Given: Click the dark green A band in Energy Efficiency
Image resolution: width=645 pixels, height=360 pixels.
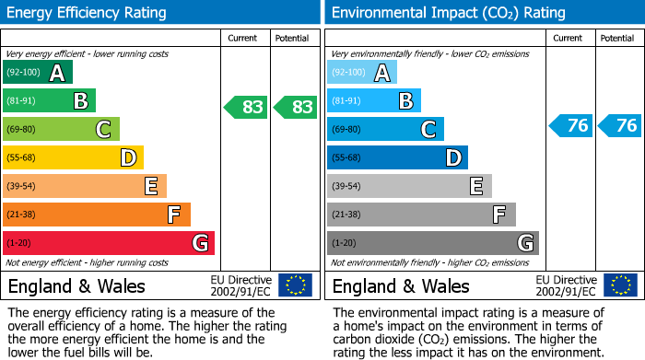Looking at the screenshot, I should [x=38, y=73].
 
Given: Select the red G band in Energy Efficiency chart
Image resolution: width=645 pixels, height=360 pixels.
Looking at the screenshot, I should [x=109, y=243].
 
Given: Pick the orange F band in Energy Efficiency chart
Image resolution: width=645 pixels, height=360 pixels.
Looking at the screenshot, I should [x=97, y=215].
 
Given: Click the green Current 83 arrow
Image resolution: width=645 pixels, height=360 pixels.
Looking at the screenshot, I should [x=246, y=107].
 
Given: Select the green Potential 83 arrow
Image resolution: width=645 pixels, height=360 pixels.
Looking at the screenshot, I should [x=296, y=107].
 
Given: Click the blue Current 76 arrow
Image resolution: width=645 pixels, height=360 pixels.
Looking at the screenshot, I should [x=570, y=125].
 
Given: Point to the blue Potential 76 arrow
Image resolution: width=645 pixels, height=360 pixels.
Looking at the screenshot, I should [x=619, y=125].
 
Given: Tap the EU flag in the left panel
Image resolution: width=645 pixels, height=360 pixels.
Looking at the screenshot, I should [x=295, y=285].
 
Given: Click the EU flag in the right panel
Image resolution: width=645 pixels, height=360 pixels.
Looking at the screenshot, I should [x=619, y=285].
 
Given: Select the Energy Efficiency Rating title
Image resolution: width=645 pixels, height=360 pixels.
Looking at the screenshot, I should [x=88, y=13].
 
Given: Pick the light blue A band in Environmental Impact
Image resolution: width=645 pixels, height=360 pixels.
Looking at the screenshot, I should [x=362, y=73].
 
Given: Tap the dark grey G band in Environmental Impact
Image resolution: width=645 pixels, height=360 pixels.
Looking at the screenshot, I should [x=433, y=243].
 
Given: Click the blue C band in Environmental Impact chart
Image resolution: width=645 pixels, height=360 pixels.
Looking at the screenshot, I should [x=385, y=129].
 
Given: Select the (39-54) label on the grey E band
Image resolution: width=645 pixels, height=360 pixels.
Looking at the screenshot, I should [x=346, y=186].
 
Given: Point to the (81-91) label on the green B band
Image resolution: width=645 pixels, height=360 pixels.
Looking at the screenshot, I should [x=21, y=101].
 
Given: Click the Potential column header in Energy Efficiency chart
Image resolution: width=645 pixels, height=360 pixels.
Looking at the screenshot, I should [x=292, y=38].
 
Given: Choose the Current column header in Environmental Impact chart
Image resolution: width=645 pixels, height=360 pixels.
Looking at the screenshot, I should [x=569, y=38].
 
